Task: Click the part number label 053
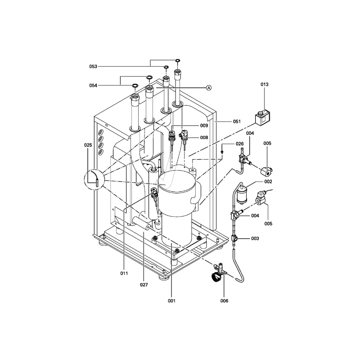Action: point(93,67)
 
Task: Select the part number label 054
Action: point(93,85)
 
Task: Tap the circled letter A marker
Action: point(209,88)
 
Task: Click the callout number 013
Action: point(264,85)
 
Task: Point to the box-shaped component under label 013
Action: point(262,118)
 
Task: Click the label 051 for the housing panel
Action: point(237,121)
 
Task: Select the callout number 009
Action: point(204,126)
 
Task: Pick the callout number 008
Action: point(204,138)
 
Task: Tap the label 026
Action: point(240,144)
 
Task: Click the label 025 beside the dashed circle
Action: point(88,145)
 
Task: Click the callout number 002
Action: point(268,182)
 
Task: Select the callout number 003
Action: point(255,238)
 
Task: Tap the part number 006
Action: point(224,301)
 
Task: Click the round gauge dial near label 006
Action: point(216,276)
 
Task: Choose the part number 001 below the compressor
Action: point(171,301)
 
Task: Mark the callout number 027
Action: point(144,285)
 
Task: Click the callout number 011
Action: point(124,274)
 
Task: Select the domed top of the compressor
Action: point(177,181)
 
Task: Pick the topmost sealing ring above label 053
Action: point(177,60)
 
